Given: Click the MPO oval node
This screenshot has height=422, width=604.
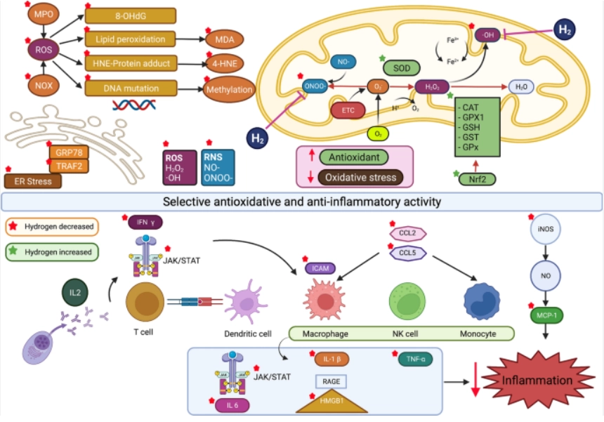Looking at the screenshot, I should (44, 15).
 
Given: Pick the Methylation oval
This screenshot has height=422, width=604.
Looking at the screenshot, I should (229, 90).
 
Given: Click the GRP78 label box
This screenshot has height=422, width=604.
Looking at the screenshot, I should (70, 152).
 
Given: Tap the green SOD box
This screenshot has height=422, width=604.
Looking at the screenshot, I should (402, 67).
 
